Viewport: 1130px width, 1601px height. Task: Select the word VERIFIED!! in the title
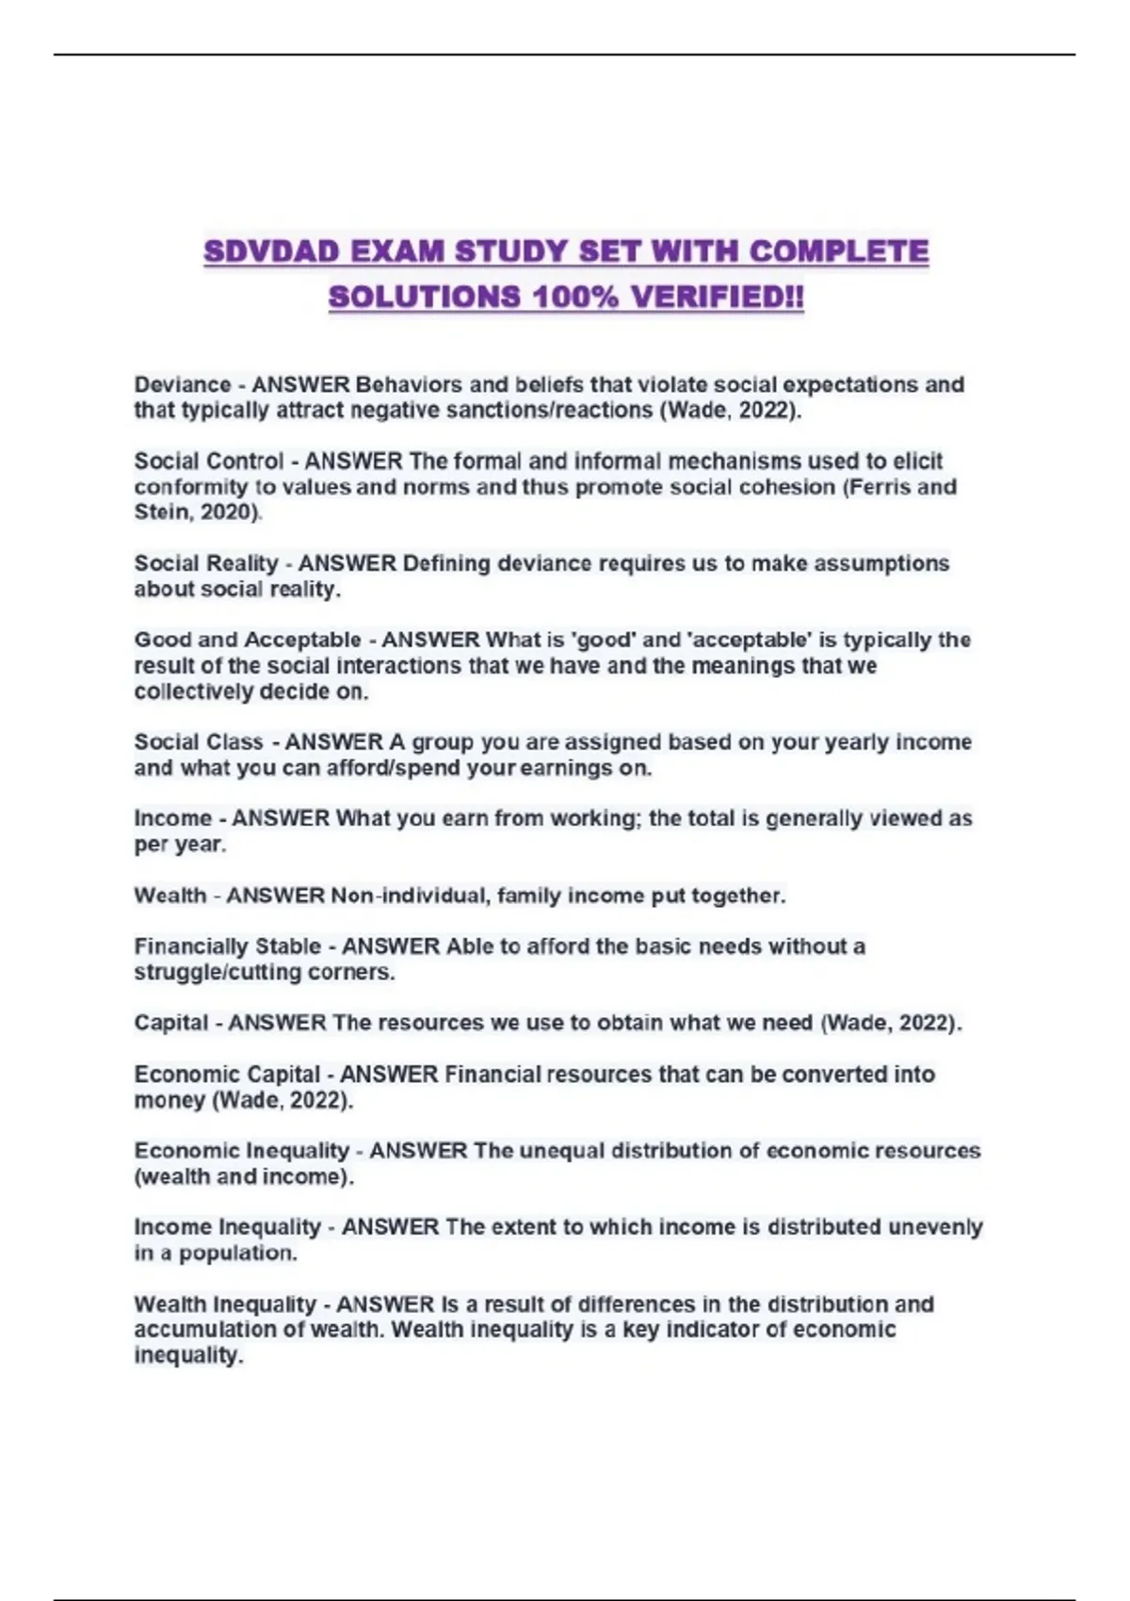(718, 298)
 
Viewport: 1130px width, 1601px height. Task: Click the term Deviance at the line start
(183, 385)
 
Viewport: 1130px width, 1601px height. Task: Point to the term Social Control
(208, 461)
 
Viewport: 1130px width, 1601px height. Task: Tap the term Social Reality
(206, 564)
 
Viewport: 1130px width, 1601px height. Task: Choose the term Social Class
(199, 742)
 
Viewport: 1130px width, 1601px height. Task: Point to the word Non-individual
(410, 896)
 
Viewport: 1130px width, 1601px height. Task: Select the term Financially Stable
(228, 946)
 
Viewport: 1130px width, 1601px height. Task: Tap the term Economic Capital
(227, 1075)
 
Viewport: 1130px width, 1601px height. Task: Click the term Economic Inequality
(242, 1151)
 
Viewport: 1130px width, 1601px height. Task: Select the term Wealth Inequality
(225, 1304)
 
